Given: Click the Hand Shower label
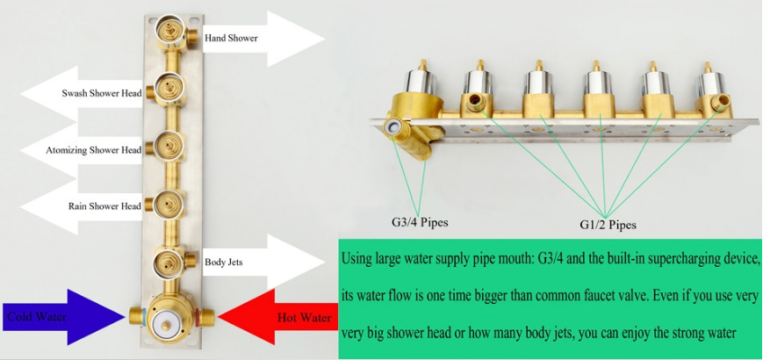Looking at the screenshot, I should (231, 39).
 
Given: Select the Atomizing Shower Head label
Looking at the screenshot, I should (93, 150).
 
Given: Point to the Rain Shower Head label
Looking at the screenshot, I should (104, 206).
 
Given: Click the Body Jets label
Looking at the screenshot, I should (224, 262).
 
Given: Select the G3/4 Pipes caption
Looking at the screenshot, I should (419, 222).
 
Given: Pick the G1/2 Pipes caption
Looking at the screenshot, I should (608, 225).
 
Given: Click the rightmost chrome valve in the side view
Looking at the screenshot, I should (708, 88).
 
